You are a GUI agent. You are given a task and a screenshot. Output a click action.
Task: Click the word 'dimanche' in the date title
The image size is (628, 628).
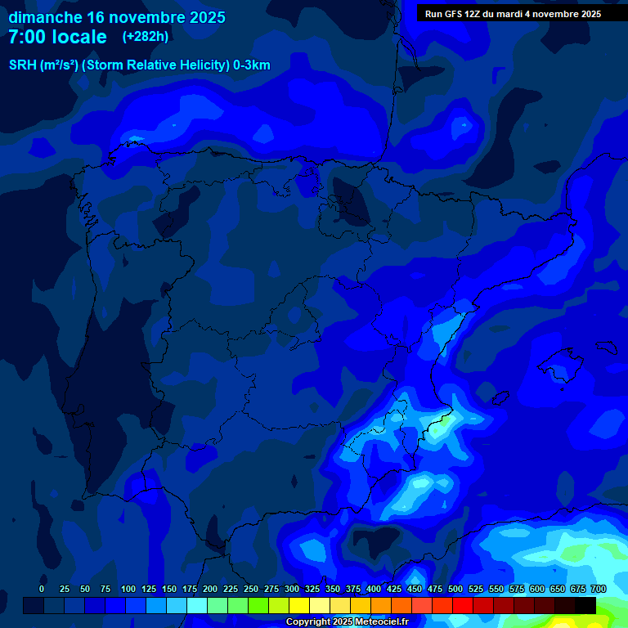tap(45, 17)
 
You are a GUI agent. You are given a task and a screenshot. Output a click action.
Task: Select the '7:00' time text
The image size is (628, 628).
tap(28, 37)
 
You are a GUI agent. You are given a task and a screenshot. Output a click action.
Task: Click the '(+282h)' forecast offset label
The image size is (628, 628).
tap(145, 37)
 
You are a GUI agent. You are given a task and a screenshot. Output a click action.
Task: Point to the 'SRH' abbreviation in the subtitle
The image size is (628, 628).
tap(22, 65)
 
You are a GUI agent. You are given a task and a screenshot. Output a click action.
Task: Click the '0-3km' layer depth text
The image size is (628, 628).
tap(252, 65)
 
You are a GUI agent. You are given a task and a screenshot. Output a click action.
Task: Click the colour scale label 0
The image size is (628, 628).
tap(42, 590)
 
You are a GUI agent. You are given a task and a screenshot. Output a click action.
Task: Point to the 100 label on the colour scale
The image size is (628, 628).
tap(128, 590)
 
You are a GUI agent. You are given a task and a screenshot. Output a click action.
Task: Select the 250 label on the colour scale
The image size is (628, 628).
tap(251, 590)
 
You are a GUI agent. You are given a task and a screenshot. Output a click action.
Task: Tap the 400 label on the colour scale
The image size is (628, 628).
tap(374, 590)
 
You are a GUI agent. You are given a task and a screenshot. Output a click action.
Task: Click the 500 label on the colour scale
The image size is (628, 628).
tap(455, 590)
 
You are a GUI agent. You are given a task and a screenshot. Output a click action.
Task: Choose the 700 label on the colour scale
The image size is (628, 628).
tap(599, 590)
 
